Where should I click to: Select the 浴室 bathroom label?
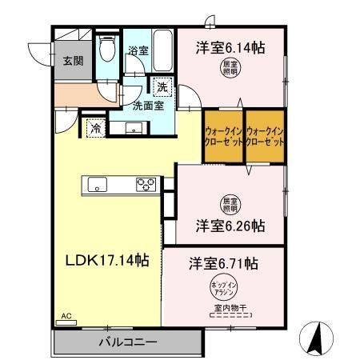[x=138, y=50]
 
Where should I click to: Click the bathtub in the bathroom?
[x=162, y=50]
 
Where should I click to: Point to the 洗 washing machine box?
[x=162, y=87]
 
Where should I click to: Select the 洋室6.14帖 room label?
[x=230, y=48]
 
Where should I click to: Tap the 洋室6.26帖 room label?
[x=230, y=226]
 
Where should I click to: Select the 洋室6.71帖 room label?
[x=224, y=262]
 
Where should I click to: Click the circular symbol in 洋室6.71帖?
[x=223, y=289]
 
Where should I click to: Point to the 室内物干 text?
[x=230, y=309]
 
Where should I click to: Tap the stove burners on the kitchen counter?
[x=146, y=184]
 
